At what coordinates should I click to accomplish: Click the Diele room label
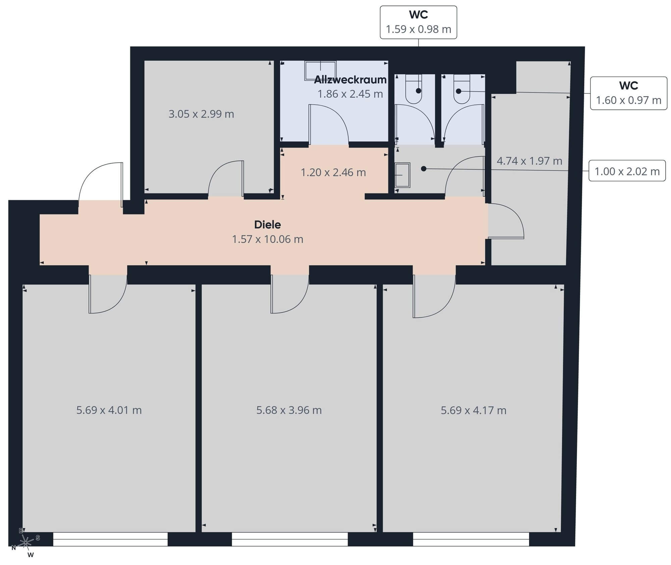pyautogui.click(x=267, y=224)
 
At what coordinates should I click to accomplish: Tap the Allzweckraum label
pyautogui.click(x=350, y=79)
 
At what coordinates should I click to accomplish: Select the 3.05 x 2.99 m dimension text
pyautogui.click(x=201, y=114)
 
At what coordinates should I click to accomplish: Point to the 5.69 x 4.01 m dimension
pyautogui.click(x=109, y=410)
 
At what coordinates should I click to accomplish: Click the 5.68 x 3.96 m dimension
pyautogui.click(x=289, y=410)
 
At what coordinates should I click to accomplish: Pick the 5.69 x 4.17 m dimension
pyautogui.click(x=473, y=410)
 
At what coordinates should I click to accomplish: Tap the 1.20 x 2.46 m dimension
pyautogui.click(x=333, y=172)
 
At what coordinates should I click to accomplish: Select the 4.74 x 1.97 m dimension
pyautogui.click(x=529, y=161)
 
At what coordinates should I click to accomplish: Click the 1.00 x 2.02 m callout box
pyautogui.click(x=627, y=171)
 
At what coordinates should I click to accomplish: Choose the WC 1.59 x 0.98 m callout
pyautogui.click(x=418, y=22)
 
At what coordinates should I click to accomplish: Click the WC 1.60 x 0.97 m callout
pyautogui.click(x=629, y=93)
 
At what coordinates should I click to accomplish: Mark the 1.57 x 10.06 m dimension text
pyautogui.click(x=267, y=239)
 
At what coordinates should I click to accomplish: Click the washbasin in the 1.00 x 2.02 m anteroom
pyautogui.click(x=402, y=175)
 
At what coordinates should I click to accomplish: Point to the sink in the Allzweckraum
pyautogui.click(x=320, y=71)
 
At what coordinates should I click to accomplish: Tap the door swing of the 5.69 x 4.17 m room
pyautogui.click(x=434, y=296)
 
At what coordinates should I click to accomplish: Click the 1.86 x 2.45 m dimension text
pyautogui.click(x=350, y=94)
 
